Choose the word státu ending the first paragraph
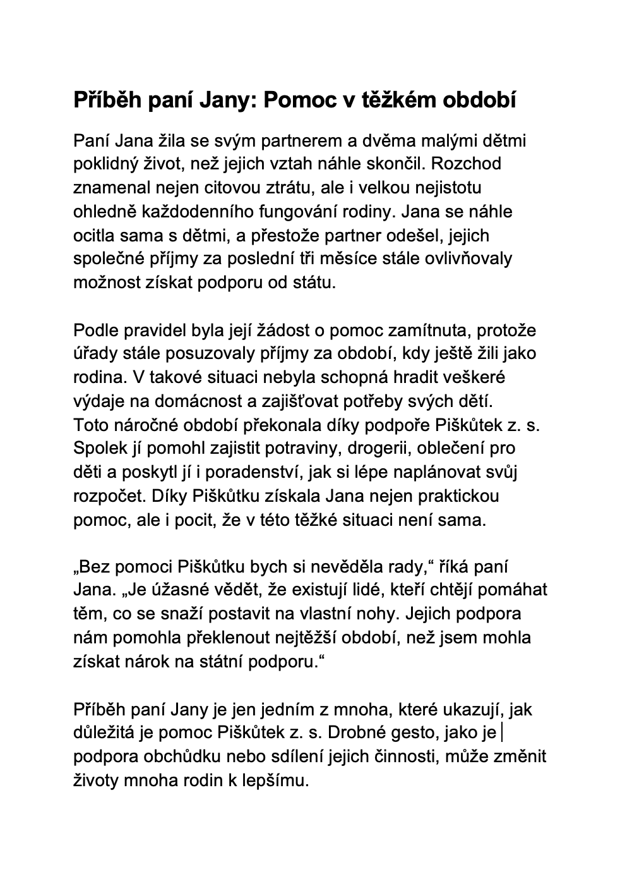[311, 283]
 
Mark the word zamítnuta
[429, 330]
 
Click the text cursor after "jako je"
[501, 733]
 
